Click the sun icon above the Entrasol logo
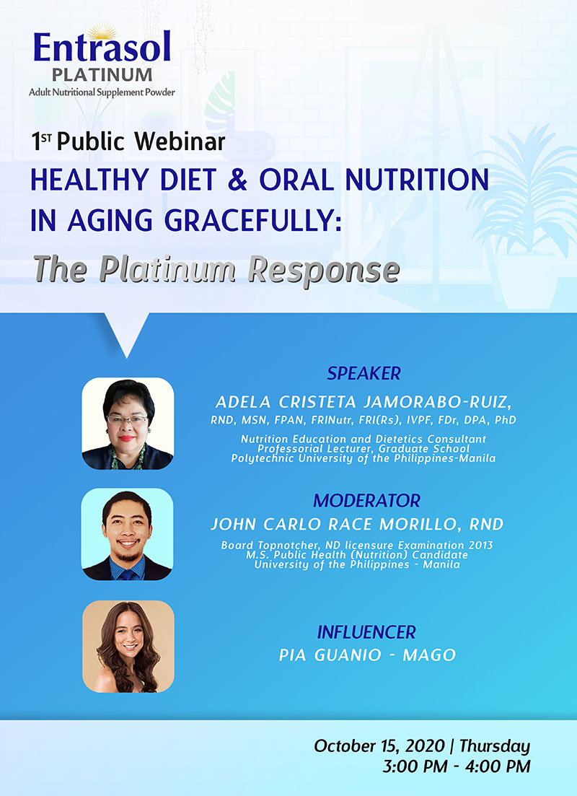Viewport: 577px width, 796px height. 102,32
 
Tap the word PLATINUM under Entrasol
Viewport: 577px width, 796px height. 102,75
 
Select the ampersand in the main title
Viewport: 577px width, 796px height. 237,180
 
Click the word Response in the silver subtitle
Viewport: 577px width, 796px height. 324,270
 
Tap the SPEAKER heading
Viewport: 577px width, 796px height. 364,374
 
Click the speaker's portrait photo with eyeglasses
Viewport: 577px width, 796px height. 128,424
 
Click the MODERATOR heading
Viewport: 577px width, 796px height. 367,501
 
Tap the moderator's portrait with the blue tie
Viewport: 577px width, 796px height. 128,535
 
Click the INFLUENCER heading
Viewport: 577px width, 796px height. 366,632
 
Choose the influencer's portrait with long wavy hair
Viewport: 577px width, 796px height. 128,646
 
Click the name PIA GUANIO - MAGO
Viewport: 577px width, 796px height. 367,655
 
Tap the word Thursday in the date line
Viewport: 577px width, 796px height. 494,746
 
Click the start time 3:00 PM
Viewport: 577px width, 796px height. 415,766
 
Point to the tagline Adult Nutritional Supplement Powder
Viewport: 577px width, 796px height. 102,92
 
